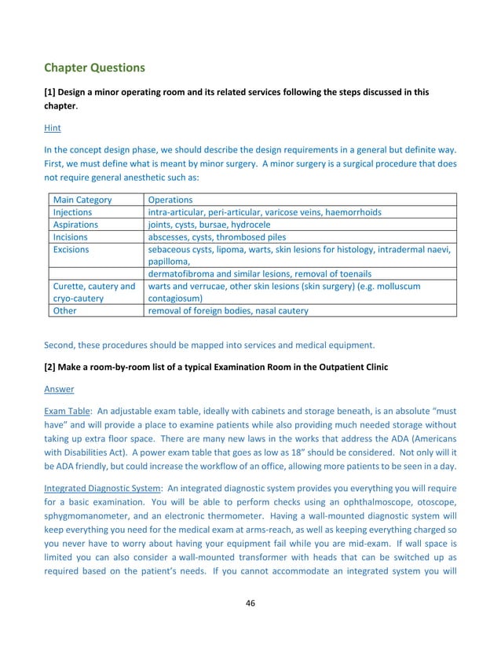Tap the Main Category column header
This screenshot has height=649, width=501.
tap(82, 200)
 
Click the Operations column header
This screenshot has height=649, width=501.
tap(171, 200)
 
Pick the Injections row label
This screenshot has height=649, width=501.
tap(72, 212)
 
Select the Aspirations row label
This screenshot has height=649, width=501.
tap(75, 225)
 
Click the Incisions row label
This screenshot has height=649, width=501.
tap(71, 237)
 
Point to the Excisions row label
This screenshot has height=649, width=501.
tap(71, 250)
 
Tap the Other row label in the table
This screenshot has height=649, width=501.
tap(64, 310)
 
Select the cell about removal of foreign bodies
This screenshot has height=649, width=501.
tap(228, 310)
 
